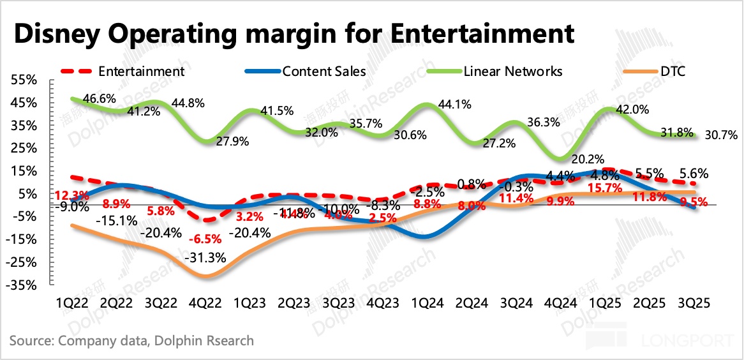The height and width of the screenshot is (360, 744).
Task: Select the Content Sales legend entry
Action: click(x=324, y=71)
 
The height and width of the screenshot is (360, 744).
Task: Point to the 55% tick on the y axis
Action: click(x=24, y=80)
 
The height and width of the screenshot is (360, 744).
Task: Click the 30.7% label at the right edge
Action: click(x=721, y=135)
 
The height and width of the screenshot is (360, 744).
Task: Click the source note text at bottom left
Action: click(x=131, y=340)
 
